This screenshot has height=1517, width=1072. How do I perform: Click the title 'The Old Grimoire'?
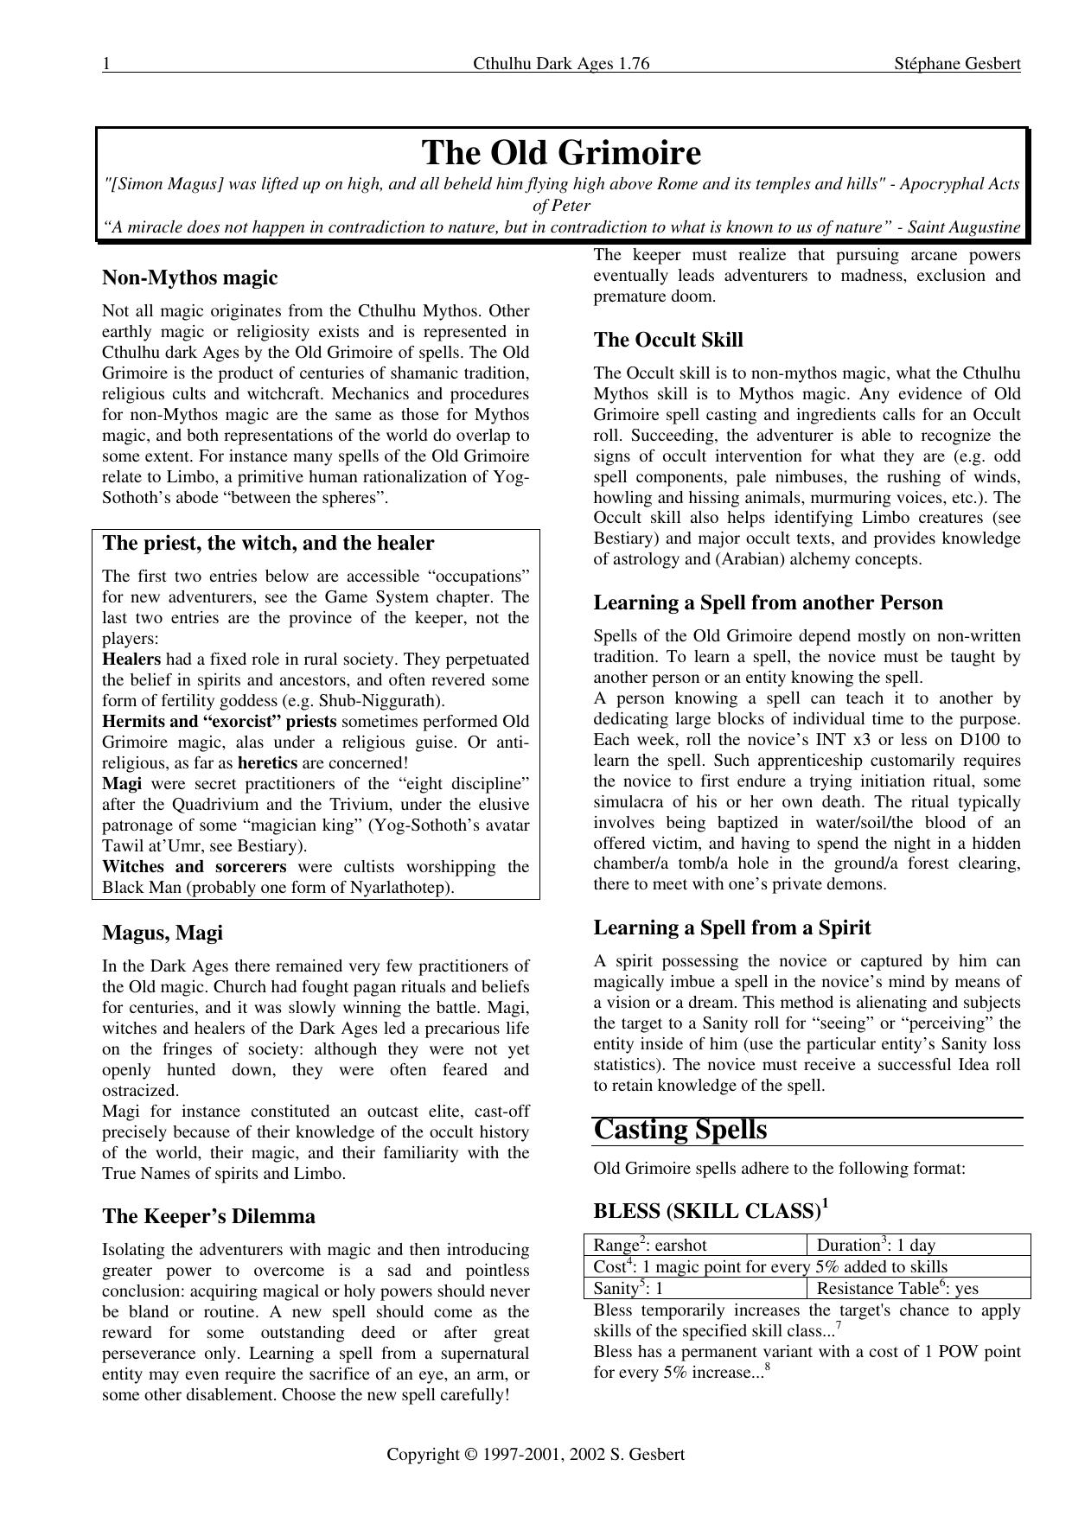click(561, 153)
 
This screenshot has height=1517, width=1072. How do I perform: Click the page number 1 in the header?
click(106, 63)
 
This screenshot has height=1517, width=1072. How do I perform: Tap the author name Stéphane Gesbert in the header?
click(957, 63)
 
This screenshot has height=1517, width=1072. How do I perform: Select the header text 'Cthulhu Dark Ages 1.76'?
click(561, 63)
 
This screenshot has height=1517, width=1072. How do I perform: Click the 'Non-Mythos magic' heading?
click(190, 277)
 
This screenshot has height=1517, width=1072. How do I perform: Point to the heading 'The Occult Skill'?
click(667, 340)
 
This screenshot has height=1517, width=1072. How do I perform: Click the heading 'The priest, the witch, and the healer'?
click(268, 543)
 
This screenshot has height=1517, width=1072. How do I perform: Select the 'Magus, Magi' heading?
click(163, 933)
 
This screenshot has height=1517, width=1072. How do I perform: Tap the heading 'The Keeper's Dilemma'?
click(208, 1216)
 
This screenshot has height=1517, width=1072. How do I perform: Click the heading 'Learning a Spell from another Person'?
click(768, 602)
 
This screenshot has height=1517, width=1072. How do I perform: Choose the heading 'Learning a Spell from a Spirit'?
click(731, 927)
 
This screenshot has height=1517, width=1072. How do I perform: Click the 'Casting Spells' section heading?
click(680, 1130)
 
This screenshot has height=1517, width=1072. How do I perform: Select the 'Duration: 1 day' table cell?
click(876, 1245)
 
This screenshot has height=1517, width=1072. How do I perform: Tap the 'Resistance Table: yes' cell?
click(897, 1288)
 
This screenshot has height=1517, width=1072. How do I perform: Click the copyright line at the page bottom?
click(535, 1454)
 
